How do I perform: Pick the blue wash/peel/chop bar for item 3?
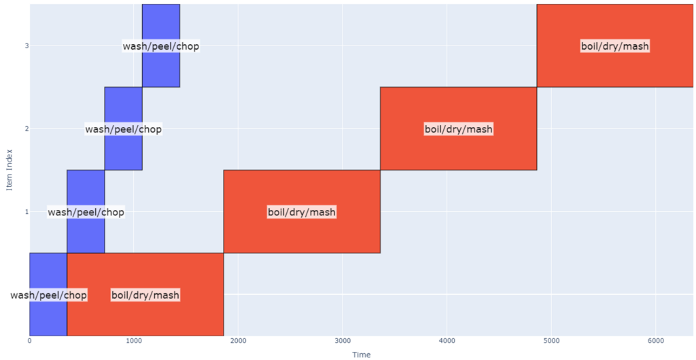161,68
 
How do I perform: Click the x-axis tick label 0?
30,340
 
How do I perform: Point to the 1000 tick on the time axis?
134,340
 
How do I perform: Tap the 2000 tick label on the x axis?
239,340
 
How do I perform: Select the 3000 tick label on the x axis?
343,340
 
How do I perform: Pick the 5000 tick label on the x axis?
551,340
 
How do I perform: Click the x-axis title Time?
361,354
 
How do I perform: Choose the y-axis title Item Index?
9,170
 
